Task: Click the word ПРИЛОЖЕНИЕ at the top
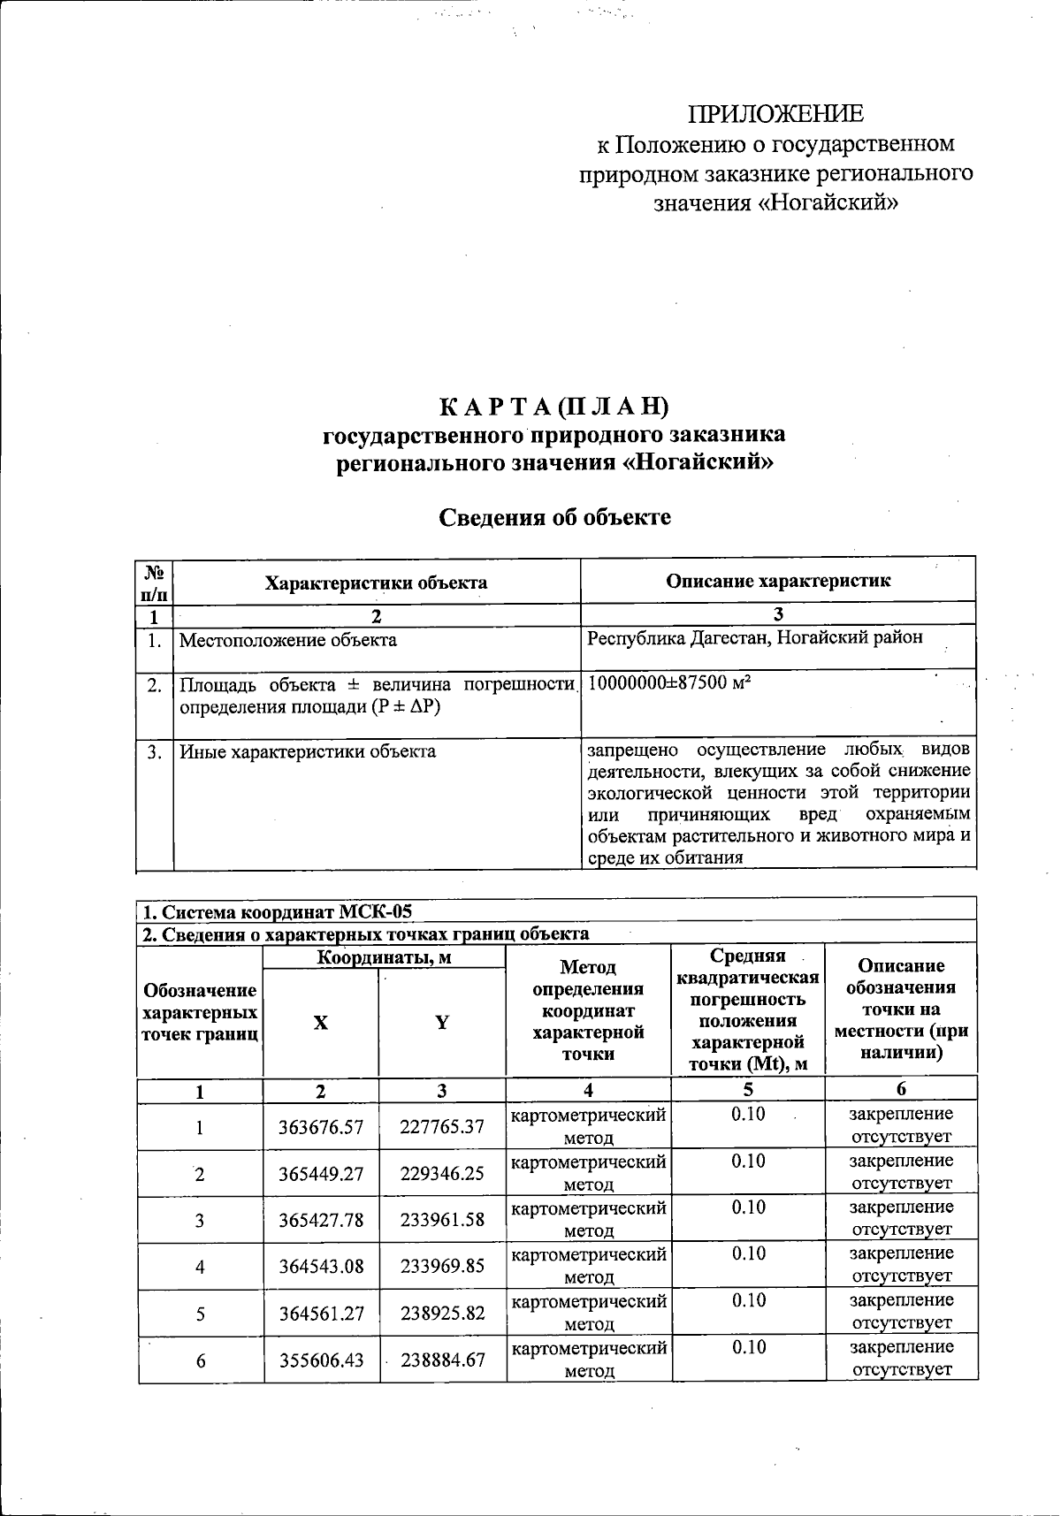(776, 114)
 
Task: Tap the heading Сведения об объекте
(555, 517)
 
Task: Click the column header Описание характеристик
(778, 581)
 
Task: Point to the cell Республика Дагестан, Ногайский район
(754, 638)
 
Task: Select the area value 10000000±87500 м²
(669, 683)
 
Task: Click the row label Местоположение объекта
(288, 640)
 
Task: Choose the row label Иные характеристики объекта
(308, 752)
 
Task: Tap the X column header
(320, 1023)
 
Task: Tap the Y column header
(441, 1023)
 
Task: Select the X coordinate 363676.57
(320, 1127)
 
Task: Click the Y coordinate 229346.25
(441, 1174)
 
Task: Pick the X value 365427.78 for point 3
(320, 1221)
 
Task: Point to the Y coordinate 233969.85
(441, 1267)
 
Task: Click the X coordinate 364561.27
(320, 1314)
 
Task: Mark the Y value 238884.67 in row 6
(441, 1360)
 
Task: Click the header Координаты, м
(384, 957)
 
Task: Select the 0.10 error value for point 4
(748, 1253)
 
